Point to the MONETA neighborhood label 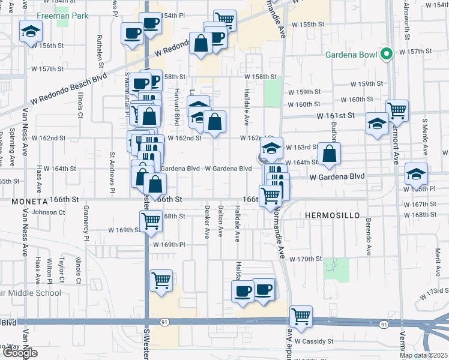pos(29,199)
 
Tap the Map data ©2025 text pos(423,355)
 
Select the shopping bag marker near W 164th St pos(329,154)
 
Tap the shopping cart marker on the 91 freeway pos(301,317)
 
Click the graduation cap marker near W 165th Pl pos(416,175)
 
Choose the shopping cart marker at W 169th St pos(151,221)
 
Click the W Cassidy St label pos(314,341)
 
